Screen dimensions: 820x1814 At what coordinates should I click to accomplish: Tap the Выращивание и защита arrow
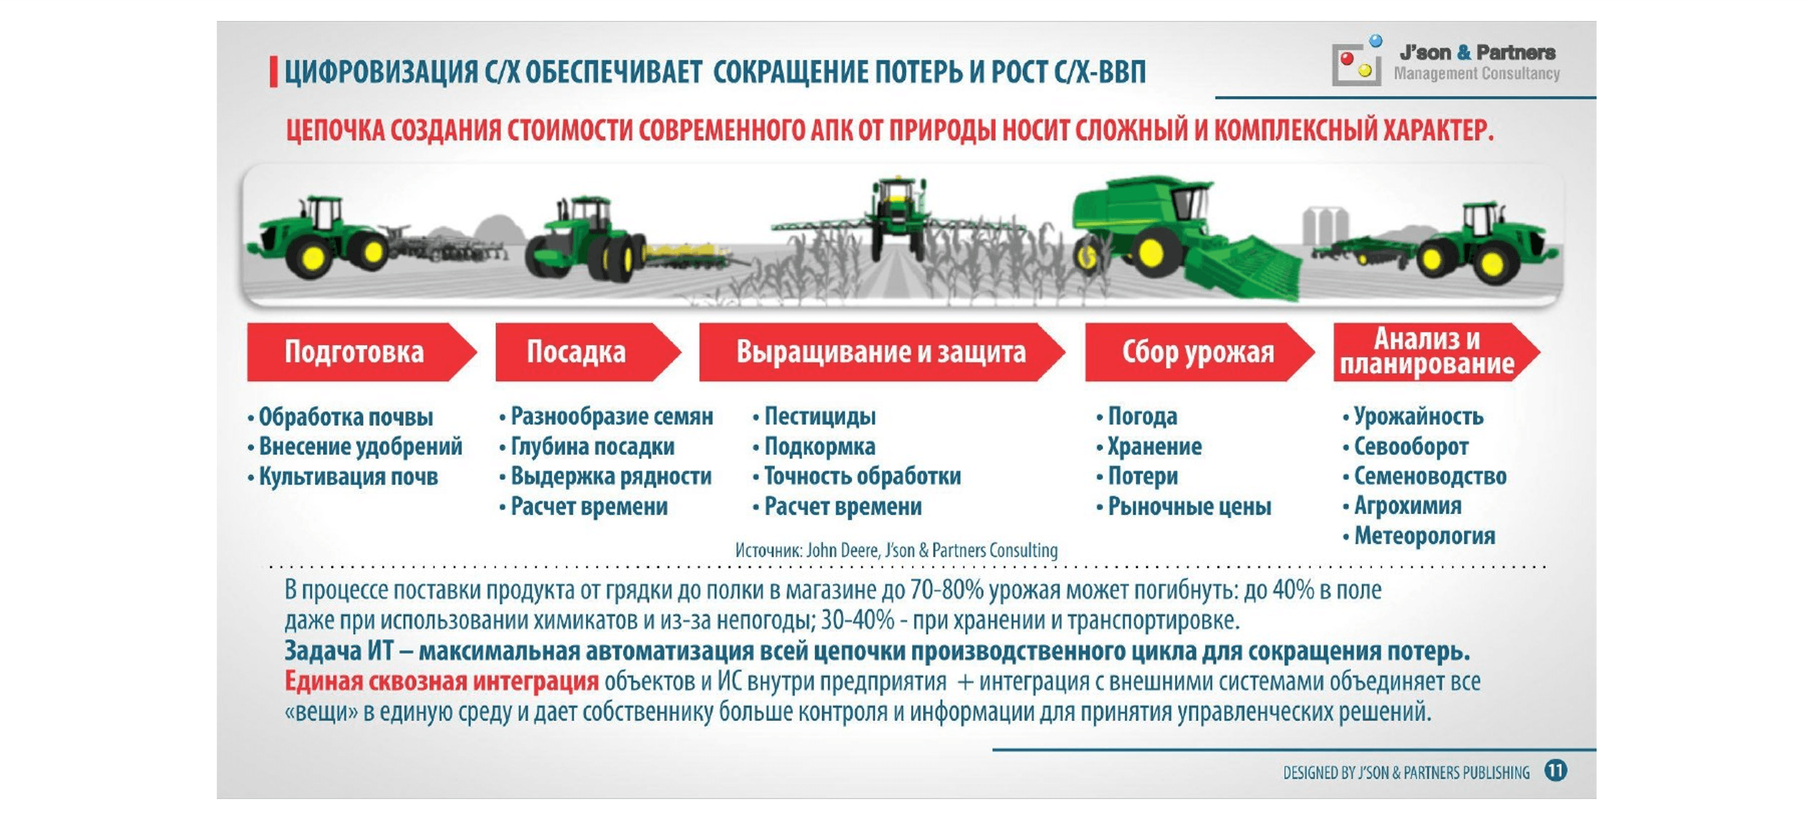pyautogui.click(x=880, y=352)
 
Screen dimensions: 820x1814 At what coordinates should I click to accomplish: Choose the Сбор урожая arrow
pyautogui.click(x=1197, y=352)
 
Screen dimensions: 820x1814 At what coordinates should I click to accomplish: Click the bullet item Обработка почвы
pyautogui.click(x=345, y=417)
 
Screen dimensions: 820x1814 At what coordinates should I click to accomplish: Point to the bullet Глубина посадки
pyautogui.click(x=592, y=447)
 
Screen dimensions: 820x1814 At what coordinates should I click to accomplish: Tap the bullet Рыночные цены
pyautogui.click(x=1189, y=506)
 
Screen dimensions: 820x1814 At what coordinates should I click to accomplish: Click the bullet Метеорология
pyautogui.click(x=1424, y=536)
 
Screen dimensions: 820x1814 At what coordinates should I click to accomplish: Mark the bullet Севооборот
pyautogui.click(x=1410, y=447)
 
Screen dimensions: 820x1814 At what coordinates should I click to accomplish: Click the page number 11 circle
pyautogui.click(x=1555, y=771)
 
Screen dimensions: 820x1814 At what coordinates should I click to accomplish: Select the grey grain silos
pyautogui.click(x=1325, y=225)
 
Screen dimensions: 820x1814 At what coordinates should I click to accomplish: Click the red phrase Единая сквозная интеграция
pyautogui.click(x=441, y=681)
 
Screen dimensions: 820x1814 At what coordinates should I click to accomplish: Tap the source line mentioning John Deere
pyautogui.click(x=896, y=551)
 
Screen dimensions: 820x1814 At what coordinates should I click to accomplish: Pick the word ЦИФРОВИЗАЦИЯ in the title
pyautogui.click(x=380, y=72)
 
